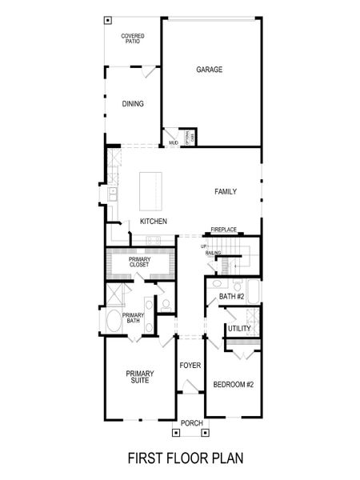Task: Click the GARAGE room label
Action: tap(209, 70)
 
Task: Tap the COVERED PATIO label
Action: tap(131, 38)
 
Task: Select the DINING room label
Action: tap(132, 104)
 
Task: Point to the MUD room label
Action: tap(173, 143)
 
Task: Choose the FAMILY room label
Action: tap(225, 192)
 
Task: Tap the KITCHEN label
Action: tap(153, 221)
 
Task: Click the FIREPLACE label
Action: tap(224, 230)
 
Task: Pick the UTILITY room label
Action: tap(239, 329)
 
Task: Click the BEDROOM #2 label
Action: tap(233, 385)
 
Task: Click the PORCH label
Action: tap(190, 423)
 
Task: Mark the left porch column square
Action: tap(177, 433)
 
